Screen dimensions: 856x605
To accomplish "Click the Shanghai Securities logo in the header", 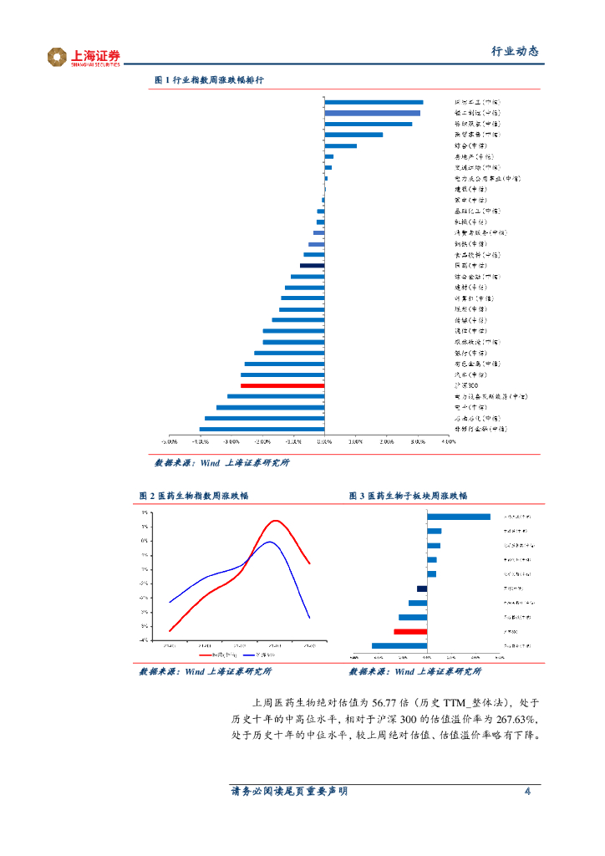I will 84,57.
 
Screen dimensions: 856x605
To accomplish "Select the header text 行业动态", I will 514,52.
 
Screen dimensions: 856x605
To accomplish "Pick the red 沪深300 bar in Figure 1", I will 282,385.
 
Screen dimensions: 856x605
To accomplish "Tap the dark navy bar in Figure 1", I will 312,265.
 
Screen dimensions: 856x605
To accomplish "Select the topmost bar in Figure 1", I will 374,102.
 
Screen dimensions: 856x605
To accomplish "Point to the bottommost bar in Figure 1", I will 262,429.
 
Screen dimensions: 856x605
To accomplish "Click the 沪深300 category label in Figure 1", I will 466,385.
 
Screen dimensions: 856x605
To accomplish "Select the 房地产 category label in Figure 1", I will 473,156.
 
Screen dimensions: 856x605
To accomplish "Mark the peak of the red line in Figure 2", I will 275,521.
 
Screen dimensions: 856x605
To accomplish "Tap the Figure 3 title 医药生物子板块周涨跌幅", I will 408,496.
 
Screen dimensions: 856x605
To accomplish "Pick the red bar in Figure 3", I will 410,632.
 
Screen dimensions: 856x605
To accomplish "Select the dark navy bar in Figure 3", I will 422,588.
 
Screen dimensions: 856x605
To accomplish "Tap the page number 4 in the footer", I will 527,792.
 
